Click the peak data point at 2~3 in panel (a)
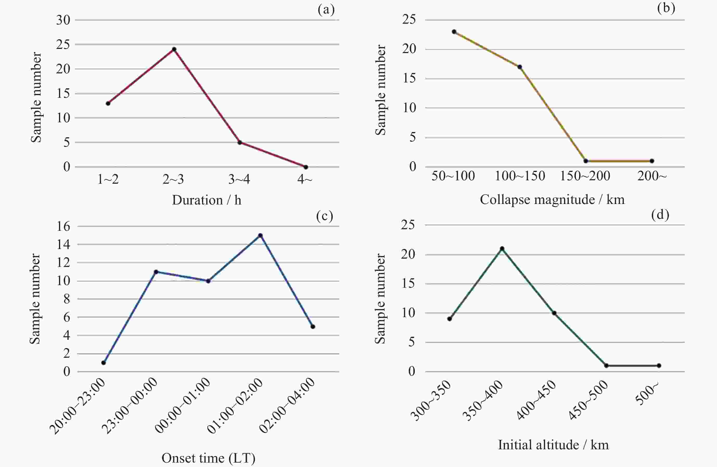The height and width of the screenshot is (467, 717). click(x=174, y=49)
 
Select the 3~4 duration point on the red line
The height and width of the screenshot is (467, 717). click(x=240, y=142)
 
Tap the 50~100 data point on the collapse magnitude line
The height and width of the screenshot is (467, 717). click(x=454, y=32)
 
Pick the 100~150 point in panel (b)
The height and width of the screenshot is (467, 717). click(x=520, y=67)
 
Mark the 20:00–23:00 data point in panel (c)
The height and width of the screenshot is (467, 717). click(x=104, y=363)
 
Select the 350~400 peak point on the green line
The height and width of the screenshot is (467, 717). click(x=502, y=248)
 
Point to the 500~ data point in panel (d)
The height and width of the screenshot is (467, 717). click(x=659, y=366)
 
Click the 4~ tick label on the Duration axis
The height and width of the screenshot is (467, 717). click(x=305, y=179)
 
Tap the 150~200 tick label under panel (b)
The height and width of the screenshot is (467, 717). click(x=585, y=176)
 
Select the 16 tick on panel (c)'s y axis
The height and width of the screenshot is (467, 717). click(x=63, y=226)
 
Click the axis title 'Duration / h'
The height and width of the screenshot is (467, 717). click(x=207, y=200)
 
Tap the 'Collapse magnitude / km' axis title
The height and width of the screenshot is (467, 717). click(x=552, y=200)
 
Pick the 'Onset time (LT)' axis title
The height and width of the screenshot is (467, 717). click(x=208, y=458)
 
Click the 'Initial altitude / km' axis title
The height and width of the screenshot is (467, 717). click(x=553, y=445)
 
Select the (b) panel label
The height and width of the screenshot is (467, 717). click(x=666, y=8)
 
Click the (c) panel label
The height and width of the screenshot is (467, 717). click(x=325, y=216)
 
